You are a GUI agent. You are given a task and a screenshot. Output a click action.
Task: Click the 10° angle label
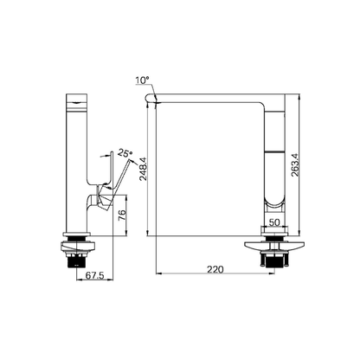pos(142,80)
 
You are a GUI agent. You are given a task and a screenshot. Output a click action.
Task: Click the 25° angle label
pos(125,153)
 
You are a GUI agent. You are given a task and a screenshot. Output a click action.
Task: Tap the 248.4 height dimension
pos(144,169)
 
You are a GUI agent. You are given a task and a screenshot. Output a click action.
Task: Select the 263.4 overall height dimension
pos(294,164)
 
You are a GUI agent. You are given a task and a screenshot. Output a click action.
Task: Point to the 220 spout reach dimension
pos(215,269)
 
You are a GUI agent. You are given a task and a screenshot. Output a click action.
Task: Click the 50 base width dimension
pos(274,222)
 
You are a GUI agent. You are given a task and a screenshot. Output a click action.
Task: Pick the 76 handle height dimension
pos(122,215)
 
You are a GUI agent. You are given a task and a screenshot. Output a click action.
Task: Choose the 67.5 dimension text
pos(94,276)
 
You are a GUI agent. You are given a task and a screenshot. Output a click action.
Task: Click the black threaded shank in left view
pos(76,261)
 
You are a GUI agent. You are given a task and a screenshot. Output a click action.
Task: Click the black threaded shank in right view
pos(274,261)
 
